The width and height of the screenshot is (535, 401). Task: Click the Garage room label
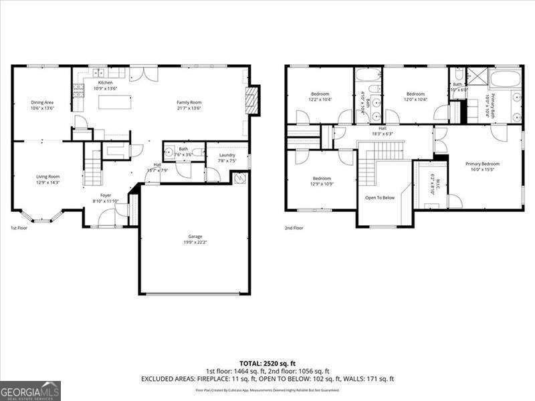click(x=195, y=237)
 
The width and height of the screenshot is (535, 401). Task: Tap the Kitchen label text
click(x=106, y=83)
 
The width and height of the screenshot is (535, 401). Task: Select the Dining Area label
click(x=41, y=102)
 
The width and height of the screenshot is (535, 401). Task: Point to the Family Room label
click(x=189, y=102)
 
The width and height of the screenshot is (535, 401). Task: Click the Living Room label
click(x=47, y=176)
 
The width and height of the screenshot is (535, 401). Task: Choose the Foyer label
click(x=106, y=195)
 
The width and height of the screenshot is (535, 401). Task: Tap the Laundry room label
click(x=227, y=155)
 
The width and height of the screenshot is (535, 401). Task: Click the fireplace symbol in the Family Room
click(x=251, y=100)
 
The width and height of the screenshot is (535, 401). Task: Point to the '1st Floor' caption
click(x=19, y=228)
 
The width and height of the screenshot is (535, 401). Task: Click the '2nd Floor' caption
click(x=294, y=228)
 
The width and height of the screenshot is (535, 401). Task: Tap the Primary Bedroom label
click(x=482, y=164)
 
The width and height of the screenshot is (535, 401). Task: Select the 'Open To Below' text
click(x=379, y=198)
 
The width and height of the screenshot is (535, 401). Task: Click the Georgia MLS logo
click(x=30, y=390)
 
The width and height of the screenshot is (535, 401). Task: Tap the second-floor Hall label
click(x=383, y=128)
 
